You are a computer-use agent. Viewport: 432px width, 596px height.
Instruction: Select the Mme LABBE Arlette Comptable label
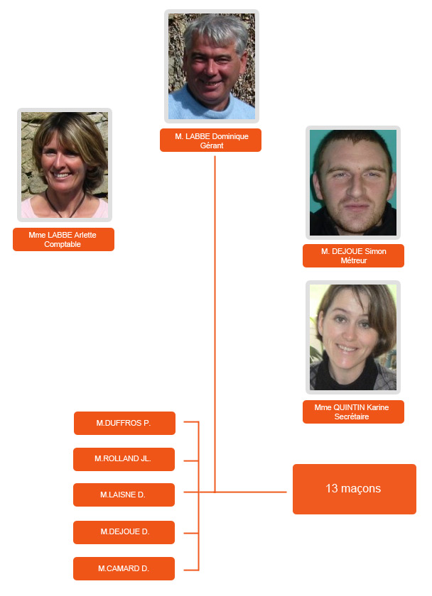63,240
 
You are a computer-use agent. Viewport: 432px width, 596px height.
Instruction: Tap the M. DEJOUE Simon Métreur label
353,256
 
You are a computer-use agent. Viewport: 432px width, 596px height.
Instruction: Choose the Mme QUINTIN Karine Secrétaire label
353,412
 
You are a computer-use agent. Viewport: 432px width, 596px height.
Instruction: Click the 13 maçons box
355,489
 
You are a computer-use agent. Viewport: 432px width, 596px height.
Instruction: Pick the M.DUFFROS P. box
124,423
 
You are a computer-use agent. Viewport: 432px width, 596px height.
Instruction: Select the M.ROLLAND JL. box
124,459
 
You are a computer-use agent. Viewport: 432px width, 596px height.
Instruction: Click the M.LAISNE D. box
124,495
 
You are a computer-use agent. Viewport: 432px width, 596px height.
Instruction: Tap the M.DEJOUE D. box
124,532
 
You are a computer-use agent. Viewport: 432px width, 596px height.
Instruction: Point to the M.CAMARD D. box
124,568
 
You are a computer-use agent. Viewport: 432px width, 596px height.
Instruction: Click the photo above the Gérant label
212,66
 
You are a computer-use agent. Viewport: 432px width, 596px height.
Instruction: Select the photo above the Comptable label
65,165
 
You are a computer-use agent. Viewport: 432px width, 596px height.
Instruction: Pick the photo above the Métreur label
353,182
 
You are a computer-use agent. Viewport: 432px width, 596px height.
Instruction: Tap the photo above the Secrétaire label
353,337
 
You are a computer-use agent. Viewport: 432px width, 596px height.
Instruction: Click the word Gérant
212,145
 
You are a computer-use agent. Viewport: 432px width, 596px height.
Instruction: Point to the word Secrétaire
352,416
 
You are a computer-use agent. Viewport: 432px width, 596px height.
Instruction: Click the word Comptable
63,244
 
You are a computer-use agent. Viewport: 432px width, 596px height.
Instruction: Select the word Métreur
354,261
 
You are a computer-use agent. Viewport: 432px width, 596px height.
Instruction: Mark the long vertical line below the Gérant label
215,324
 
